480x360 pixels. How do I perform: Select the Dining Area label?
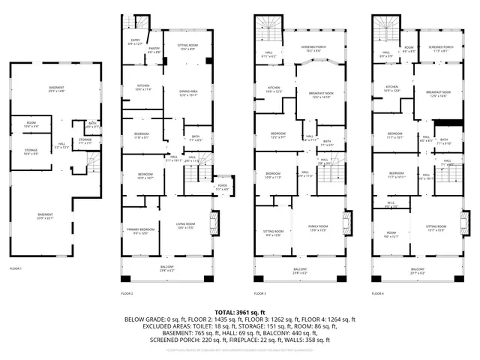tap(188, 94)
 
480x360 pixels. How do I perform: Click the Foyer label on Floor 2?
tap(222, 187)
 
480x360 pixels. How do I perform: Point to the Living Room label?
tap(185, 225)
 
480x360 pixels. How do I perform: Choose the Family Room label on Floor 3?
tap(319, 229)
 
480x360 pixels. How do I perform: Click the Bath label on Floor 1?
tap(92, 125)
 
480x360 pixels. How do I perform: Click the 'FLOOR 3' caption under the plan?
tap(259, 293)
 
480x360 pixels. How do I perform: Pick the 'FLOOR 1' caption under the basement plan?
tap(16, 268)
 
